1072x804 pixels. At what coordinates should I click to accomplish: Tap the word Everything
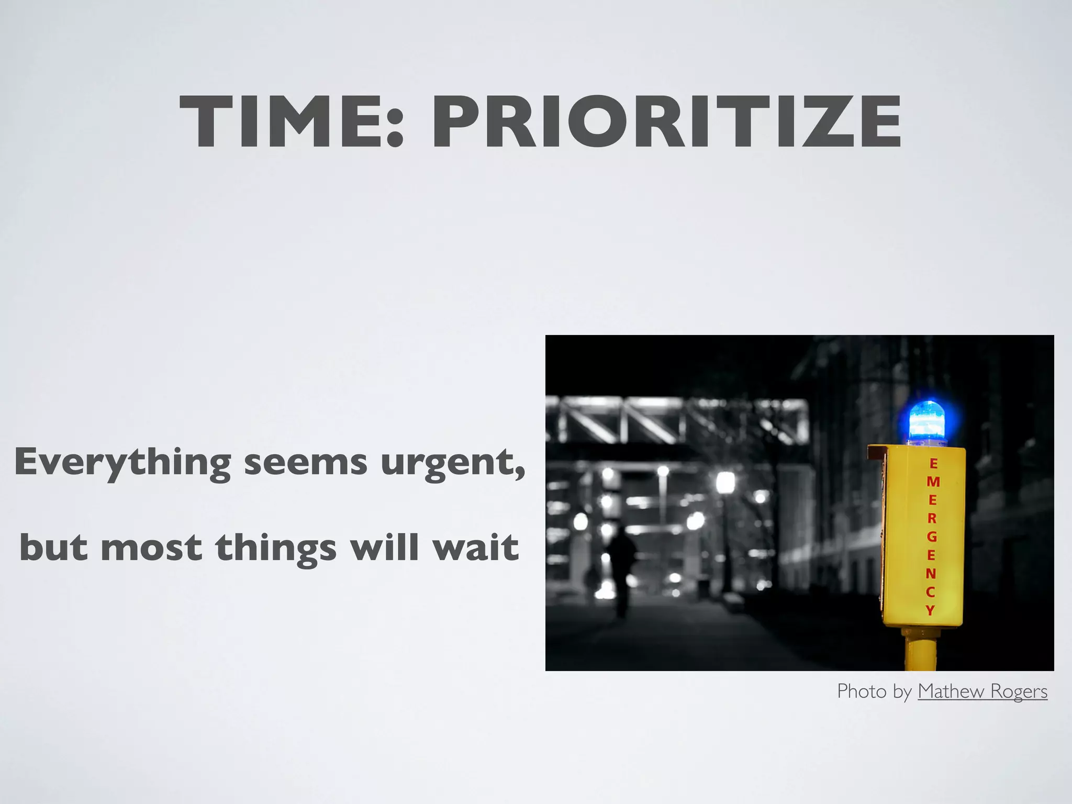point(122,463)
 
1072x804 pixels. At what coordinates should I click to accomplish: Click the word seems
point(306,463)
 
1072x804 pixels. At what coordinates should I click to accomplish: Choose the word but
point(53,547)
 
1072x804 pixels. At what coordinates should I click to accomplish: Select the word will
point(385,547)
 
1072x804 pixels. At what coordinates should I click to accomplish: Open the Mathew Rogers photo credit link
point(982,691)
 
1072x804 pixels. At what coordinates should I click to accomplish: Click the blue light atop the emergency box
point(927,422)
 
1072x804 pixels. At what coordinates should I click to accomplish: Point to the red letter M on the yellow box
point(933,482)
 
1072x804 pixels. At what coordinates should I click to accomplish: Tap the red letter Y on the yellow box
point(930,610)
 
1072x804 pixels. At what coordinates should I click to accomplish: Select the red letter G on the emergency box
point(932,537)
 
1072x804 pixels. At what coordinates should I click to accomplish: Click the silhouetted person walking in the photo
point(621,568)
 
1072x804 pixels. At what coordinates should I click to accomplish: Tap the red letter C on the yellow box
point(930,592)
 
